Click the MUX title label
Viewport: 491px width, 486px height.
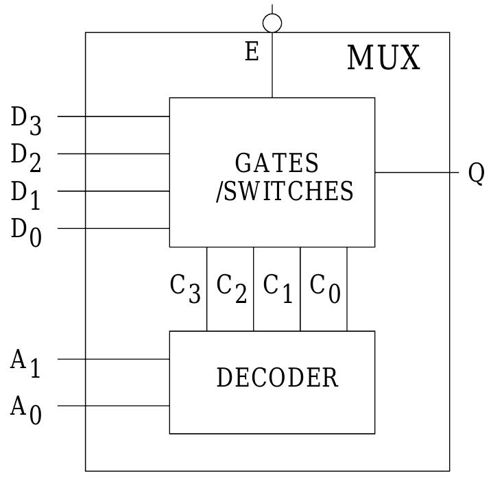coord(383,58)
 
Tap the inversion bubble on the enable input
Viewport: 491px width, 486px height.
coord(272,23)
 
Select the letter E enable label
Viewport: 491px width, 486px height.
coord(252,52)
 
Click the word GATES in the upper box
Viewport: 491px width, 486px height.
coord(277,164)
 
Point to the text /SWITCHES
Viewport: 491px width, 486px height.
coord(285,191)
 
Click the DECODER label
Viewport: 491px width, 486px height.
coord(277,378)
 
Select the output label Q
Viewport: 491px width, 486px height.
coord(476,173)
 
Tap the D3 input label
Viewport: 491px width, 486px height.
coord(26,120)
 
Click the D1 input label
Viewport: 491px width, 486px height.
coord(26,195)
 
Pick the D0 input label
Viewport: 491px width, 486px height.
coord(26,232)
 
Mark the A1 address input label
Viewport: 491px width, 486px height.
coord(26,363)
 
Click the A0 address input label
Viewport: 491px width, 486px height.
coord(26,410)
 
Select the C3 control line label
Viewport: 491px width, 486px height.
coord(185,289)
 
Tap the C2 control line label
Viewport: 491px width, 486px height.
coord(231,289)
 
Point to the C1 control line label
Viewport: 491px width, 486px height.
coord(278,289)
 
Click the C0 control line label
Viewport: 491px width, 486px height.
coord(324,289)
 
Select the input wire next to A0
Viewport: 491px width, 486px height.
coord(113,406)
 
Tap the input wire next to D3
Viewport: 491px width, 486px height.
coord(113,117)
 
